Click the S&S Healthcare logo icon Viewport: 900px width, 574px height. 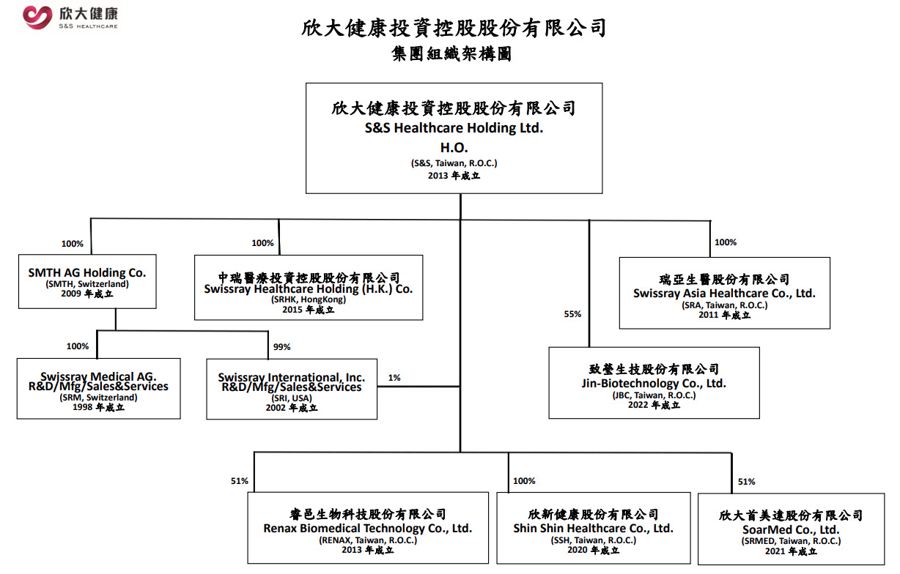(x=37, y=18)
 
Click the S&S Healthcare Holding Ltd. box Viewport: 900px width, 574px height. (x=454, y=138)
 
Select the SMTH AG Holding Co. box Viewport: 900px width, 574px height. (x=87, y=281)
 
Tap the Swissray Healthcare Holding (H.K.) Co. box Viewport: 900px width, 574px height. (x=309, y=288)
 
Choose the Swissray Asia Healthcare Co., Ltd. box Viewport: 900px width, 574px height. (x=724, y=293)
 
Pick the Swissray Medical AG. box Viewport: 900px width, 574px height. (x=98, y=389)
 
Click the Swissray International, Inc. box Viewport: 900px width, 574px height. (x=292, y=389)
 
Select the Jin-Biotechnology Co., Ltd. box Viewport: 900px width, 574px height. (x=654, y=383)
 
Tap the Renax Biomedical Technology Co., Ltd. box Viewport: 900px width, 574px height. (x=368, y=528)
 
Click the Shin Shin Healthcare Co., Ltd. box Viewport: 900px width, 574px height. (x=594, y=528)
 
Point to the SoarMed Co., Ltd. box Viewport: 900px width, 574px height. (x=791, y=529)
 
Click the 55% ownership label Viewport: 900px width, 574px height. (x=572, y=314)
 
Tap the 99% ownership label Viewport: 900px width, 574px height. (x=281, y=347)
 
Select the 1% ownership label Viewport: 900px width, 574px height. (x=394, y=378)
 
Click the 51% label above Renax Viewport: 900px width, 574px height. (x=240, y=481)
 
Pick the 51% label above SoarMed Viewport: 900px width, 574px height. (x=747, y=482)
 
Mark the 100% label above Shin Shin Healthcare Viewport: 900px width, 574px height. (x=524, y=481)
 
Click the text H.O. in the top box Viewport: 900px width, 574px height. (x=454, y=148)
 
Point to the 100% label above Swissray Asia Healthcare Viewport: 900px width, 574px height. (x=726, y=242)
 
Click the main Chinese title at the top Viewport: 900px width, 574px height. (x=454, y=28)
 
